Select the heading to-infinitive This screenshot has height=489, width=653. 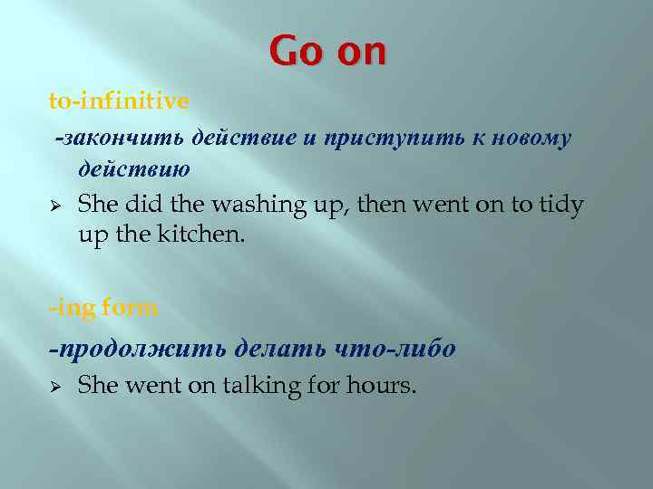119,101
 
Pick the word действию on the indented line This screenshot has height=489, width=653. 134,169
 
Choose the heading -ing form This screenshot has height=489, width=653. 103,306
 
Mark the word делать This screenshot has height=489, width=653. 278,348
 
